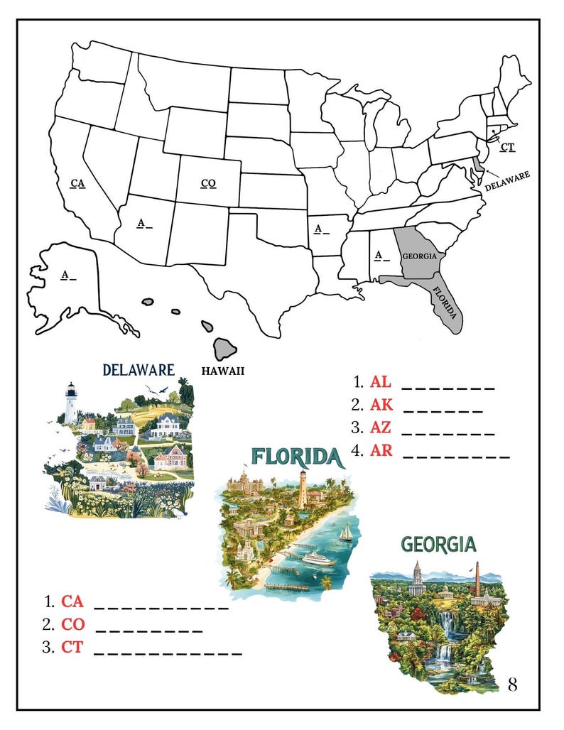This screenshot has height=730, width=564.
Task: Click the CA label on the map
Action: click(78, 183)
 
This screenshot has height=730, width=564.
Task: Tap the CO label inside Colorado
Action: click(208, 183)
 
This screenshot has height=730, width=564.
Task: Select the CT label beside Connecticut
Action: click(507, 147)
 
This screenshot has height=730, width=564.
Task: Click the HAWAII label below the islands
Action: click(223, 370)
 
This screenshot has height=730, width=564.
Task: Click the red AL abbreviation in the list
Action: click(381, 381)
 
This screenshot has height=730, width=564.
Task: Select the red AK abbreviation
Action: click(381, 405)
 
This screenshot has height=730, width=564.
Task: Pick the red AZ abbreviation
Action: click(381, 427)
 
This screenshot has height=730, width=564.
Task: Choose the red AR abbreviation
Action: click(381, 450)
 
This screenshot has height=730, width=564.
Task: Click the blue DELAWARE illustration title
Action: click(139, 369)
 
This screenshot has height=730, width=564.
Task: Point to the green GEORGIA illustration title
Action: click(438, 545)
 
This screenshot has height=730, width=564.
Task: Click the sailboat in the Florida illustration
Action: click(345, 533)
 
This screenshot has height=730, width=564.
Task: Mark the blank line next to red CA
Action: click(161, 607)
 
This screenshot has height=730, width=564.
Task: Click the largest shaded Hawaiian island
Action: click(226, 348)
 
